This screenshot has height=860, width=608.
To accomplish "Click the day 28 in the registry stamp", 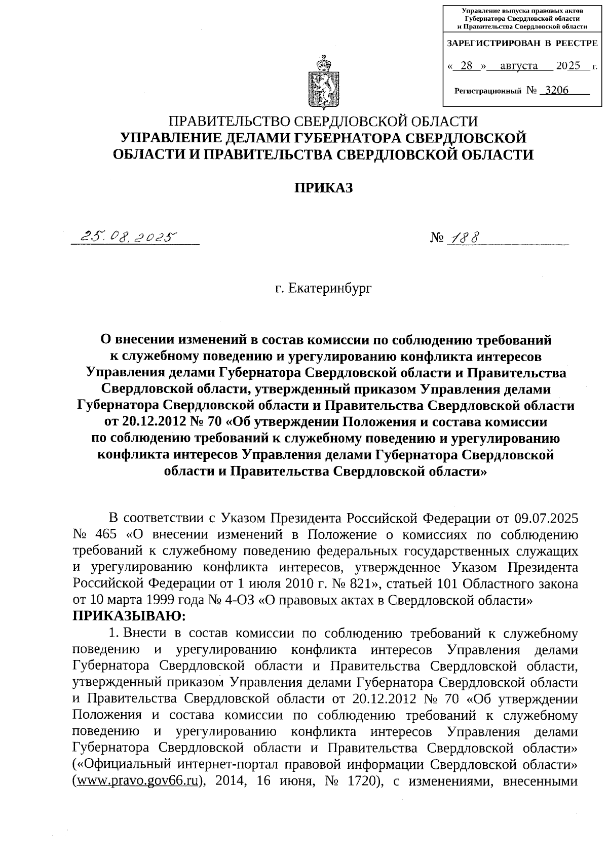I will pos(467,66).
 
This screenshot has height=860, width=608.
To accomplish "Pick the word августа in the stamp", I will pos(518,66).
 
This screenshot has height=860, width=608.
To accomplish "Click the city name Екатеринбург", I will pos(330,289).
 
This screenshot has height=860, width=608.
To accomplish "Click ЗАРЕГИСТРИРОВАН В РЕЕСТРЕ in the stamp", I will pos(522,44).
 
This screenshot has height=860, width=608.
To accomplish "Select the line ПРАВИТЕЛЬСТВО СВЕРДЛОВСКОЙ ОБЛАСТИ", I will pos(323,122).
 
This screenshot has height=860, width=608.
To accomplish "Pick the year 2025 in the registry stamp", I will pos(567,66).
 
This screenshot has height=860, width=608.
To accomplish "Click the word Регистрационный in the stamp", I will pos(488,91).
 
